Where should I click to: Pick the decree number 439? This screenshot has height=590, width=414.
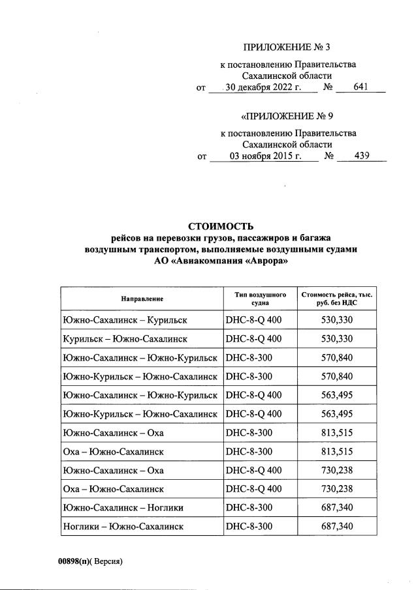tap(361, 156)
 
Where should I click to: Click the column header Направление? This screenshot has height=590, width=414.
tap(142, 299)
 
